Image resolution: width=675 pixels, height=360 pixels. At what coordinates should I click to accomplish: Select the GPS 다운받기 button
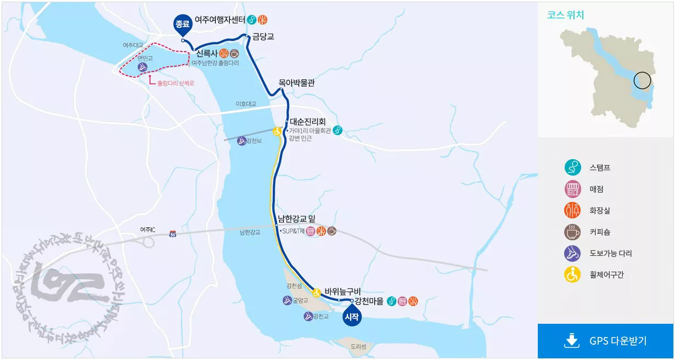click(x=606, y=341)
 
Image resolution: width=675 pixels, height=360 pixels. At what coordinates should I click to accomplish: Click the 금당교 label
click(x=263, y=37)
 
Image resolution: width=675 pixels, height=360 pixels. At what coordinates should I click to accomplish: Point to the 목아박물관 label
click(x=296, y=83)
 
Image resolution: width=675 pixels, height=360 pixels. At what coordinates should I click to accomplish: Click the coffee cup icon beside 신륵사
click(x=234, y=54)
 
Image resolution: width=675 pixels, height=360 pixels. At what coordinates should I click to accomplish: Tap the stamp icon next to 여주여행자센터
click(x=252, y=20)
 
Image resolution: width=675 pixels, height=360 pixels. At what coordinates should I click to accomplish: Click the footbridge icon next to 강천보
click(x=241, y=141)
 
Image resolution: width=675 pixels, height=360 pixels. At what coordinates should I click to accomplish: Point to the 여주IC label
click(x=148, y=229)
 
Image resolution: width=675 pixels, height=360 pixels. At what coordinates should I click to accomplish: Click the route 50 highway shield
click(x=173, y=234)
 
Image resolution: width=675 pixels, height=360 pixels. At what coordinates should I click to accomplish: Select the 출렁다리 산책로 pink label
click(x=176, y=83)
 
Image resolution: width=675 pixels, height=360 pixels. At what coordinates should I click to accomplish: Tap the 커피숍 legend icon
click(x=572, y=232)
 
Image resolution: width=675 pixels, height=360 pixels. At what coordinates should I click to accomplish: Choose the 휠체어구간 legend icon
click(x=572, y=274)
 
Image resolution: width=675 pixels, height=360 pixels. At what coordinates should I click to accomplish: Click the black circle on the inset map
click(x=642, y=81)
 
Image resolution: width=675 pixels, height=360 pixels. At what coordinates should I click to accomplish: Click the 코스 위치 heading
click(x=565, y=15)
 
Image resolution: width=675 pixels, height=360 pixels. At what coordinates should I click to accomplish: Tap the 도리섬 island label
click(x=358, y=346)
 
